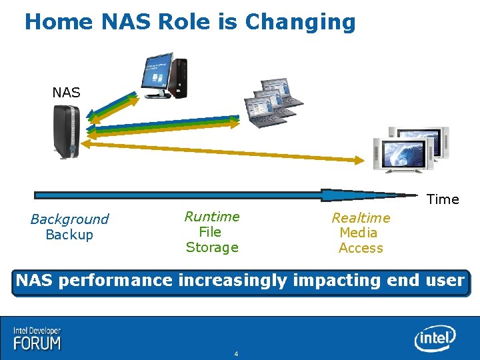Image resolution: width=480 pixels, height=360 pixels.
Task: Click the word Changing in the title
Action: pos(300,23)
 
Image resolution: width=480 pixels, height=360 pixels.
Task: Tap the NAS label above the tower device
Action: pos(66,93)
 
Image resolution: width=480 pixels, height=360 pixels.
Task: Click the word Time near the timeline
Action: pos(443,199)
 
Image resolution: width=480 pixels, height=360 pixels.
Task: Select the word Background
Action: pos(69,219)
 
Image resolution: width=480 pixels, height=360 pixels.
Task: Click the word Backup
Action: pos(69,235)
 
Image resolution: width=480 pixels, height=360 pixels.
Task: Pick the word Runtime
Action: pos(212,216)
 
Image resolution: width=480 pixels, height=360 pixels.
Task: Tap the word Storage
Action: pos(212,247)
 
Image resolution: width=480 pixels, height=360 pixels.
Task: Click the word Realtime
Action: pos(361,218)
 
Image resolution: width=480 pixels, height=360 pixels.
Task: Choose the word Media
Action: pos(359,233)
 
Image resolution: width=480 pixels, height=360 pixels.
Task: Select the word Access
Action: pos(361,248)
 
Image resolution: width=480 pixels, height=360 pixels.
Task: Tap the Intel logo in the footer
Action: pos(435,339)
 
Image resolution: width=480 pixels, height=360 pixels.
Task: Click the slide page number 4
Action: pos(236,353)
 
